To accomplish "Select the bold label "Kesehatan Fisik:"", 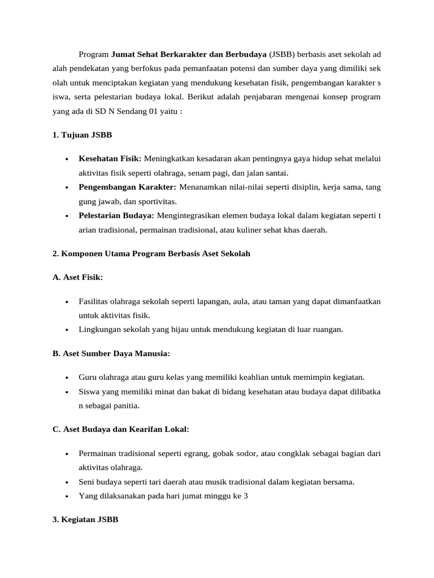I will coord(110,159).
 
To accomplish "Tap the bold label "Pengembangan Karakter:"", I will coord(128,186).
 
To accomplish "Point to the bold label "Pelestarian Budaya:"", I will coord(116,214).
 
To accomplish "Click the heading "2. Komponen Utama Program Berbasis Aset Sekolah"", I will coord(151,253).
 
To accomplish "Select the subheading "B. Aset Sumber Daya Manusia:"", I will coord(111,353).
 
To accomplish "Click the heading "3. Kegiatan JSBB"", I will coord(85,519).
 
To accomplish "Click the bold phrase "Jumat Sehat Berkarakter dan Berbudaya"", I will coord(189,55).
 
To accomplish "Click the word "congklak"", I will coord(297,453).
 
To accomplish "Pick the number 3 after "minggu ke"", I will coord(246,496).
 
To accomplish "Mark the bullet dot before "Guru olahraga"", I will coord(67,378).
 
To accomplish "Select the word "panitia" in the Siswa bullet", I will coord(125,405).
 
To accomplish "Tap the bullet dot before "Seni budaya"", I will coord(67,482).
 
